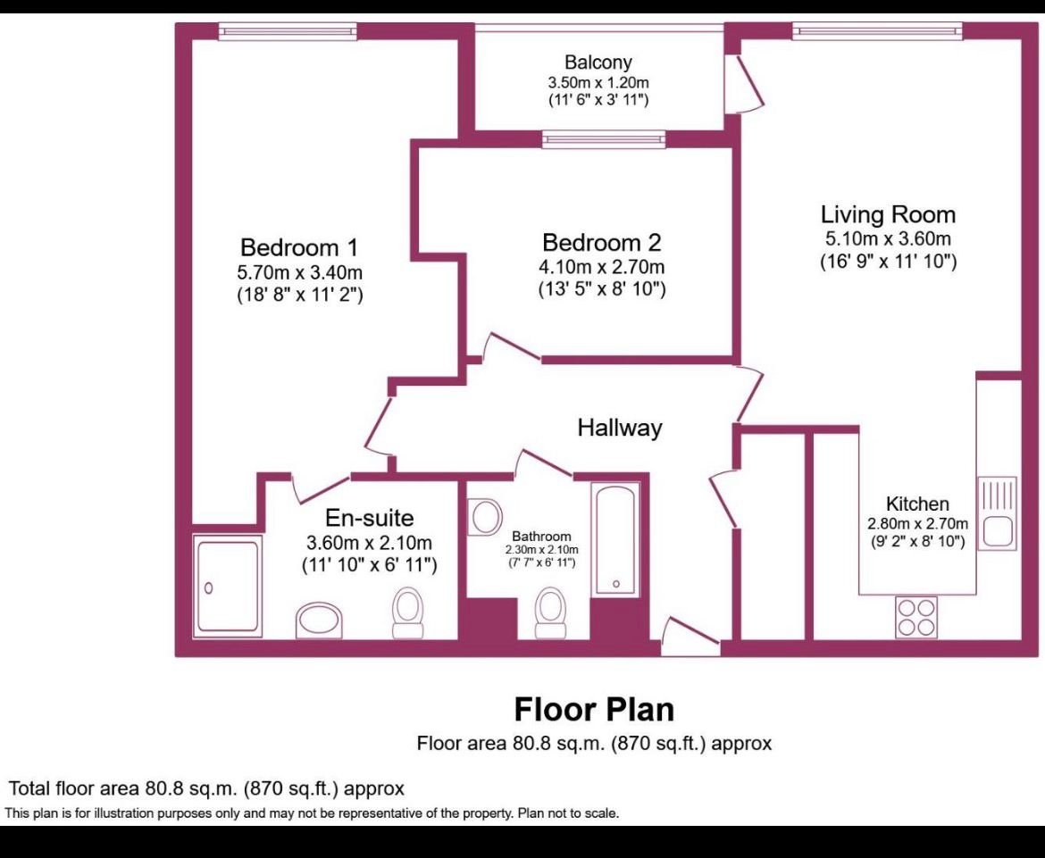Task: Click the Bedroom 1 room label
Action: coord(299,247)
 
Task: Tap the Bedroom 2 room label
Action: coord(602,242)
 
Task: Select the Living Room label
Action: coord(888,214)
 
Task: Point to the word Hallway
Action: coord(620,428)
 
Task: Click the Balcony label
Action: coord(598,62)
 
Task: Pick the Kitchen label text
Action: coord(917,504)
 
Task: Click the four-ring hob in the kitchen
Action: coord(916,617)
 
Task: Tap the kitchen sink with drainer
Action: coord(997,513)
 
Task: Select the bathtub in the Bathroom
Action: coord(615,538)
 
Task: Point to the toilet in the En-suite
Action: coord(408,613)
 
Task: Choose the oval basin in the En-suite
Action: coord(319,621)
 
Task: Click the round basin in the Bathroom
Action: coord(486,517)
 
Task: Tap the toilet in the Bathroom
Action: coord(551,612)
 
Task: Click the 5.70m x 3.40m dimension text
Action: coord(300,272)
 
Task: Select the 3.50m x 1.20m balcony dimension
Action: coord(598,83)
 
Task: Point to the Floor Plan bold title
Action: coord(594,710)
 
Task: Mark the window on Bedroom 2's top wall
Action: coord(604,138)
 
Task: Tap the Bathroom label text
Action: coord(541,537)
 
